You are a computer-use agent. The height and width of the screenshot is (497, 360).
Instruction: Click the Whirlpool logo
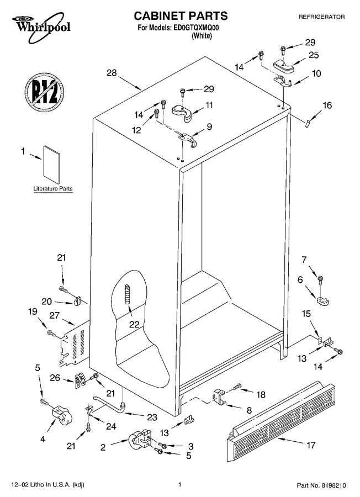(x=41, y=27)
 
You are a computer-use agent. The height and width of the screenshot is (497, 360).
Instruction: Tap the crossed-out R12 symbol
(x=44, y=92)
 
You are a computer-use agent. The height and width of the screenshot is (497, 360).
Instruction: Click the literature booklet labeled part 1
(x=52, y=165)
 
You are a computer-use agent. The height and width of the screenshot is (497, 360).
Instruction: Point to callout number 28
(x=112, y=73)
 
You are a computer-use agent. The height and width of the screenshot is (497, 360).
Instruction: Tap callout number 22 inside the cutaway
(x=134, y=324)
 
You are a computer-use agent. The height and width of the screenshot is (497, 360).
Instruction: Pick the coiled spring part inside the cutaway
(x=128, y=294)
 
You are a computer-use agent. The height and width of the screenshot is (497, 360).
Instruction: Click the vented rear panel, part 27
(x=73, y=343)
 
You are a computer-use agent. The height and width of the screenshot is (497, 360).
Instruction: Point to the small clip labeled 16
(x=306, y=123)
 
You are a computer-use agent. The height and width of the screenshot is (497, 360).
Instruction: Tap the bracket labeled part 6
(x=322, y=300)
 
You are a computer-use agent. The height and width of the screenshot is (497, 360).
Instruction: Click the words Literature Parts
(x=53, y=189)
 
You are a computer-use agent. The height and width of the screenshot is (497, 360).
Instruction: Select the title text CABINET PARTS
(x=181, y=15)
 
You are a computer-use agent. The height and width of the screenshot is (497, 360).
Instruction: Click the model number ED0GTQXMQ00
(x=195, y=28)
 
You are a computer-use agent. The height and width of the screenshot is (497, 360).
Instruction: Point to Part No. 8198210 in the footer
(x=321, y=485)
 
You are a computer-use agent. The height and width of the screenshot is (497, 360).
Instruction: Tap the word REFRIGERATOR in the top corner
(x=322, y=17)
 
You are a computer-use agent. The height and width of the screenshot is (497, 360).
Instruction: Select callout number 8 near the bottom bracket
(x=249, y=410)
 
